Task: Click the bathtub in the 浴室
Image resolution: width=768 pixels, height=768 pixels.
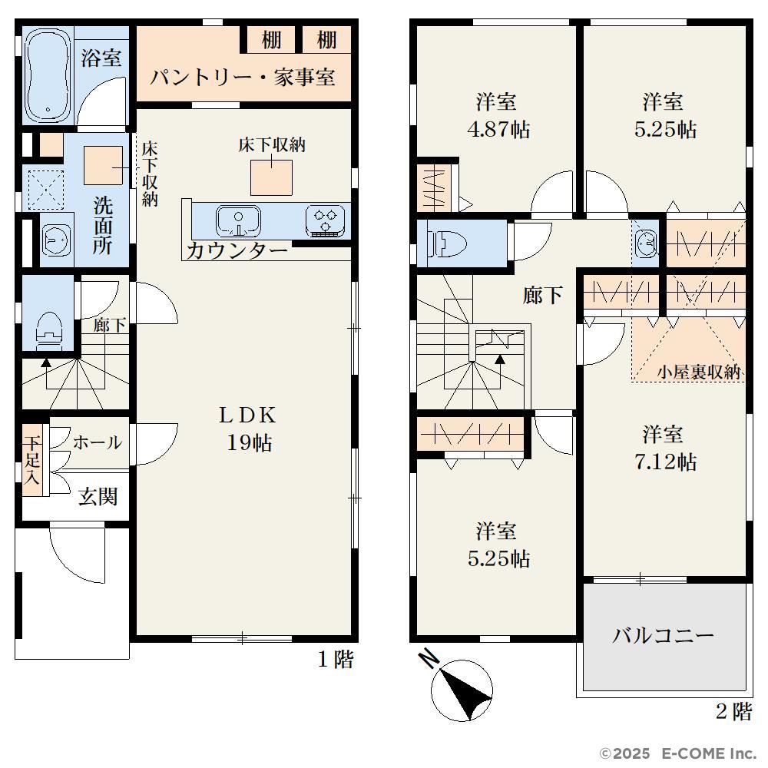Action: pyautogui.click(x=48, y=76)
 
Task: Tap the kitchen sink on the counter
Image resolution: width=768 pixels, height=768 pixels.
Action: pyautogui.click(x=238, y=221)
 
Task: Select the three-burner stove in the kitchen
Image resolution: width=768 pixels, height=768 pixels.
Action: pyautogui.click(x=325, y=221)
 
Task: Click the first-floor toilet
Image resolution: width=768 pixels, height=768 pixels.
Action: pyautogui.click(x=49, y=329)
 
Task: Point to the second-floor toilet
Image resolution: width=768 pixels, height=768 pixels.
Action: pyautogui.click(x=447, y=243)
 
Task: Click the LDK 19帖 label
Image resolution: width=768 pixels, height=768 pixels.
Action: pyautogui.click(x=248, y=429)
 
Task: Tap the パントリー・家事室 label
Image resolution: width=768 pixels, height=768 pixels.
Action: pyautogui.click(x=243, y=78)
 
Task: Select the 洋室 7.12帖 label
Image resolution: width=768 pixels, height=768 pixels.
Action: pyautogui.click(x=664, y=448)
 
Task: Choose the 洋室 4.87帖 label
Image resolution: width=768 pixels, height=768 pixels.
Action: pyautogui.click(x=498, y=116)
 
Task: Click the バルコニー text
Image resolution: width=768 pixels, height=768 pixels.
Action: pyautogui.click(x=664, y=636)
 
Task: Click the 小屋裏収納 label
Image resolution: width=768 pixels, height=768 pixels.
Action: pyautogui.click(x=699, y=372)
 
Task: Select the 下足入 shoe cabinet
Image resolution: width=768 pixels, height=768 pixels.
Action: pyautogui.click(x=31, y=460)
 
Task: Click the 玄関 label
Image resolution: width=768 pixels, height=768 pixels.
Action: pyautogui.click(x=98, y=497)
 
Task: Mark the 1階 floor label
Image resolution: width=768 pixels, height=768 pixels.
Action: pyautogui.click(x=336, y=659)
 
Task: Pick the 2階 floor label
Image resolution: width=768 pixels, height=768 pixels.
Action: pyautogui.click(x=733, y=711)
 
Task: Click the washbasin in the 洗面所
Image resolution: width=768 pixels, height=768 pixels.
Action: pyautogui.click(x=56, y=240)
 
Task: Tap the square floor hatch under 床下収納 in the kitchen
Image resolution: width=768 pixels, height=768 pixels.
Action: pyautogui.click(x=271, y=177)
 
